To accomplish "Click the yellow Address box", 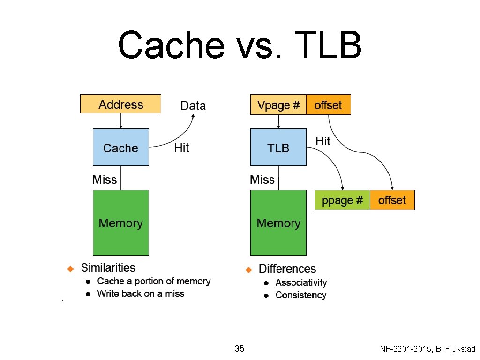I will tap(120, 104).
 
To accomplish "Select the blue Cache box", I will tap(121, 147).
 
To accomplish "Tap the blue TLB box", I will tap(278, 147).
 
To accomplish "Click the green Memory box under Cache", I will tap(121, 223).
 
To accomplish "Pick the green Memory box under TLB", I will tap(278, 223).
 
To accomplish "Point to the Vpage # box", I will tap(278, 105).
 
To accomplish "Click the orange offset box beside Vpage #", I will tap(328, 105).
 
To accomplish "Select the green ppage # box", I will tap(342, 200).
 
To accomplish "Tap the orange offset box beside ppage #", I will tap(392, 200).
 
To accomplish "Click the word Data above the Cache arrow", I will tap(193, 105).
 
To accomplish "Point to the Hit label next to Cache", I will tap(181, 148).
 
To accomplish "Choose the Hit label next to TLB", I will tap(323, 141).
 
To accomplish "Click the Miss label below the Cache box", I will tap(105, 180).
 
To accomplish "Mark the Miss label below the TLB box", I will tap(262, 180).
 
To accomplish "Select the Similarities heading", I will tap(108, 268).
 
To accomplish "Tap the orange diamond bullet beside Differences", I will tap(249, 270).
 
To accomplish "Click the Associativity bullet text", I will tap(301, 283).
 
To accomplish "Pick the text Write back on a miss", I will tap(141, 294).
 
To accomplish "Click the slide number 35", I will tap(239, 349).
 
